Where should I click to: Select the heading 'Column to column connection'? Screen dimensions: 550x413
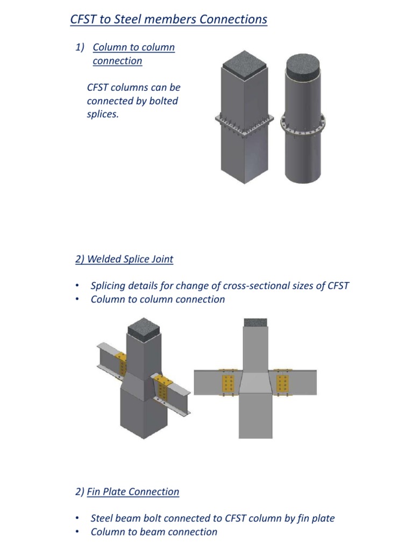coord(133,54)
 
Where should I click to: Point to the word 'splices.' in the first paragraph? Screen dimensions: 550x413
coord(102,114)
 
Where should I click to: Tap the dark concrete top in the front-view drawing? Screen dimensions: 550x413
coord(255,322)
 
